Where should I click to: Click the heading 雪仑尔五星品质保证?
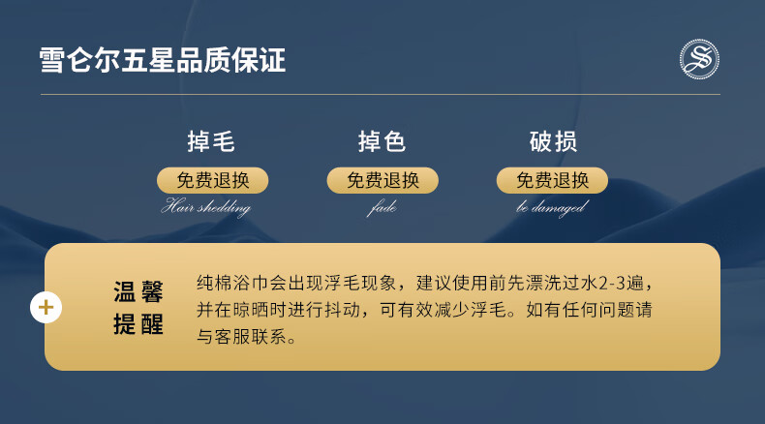pyautogui.click(x=163, y=59)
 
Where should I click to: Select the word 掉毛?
pyautogui.click(x=211, y=142)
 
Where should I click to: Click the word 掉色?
pyautogui.click(x=382, y=142)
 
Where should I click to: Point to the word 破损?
pyautogui.click(x=553, y=142)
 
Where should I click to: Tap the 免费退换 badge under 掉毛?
pyautogui.click(x=212, y=180)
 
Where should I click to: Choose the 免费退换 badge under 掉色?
pyautogui.click(x=382, y=180)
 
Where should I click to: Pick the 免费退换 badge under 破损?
pyautogui.click(x=553, y=180)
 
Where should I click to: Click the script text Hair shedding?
pyautogui.click(x=205, y=207)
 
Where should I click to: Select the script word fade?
pyautogui.click(x=382, y=207)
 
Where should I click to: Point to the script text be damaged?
pyautogui.click(x=551, y=207)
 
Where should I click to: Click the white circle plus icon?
pyautogui.click(x=46, y=308)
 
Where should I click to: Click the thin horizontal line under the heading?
pyautogui.click(x=382, y=95)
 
